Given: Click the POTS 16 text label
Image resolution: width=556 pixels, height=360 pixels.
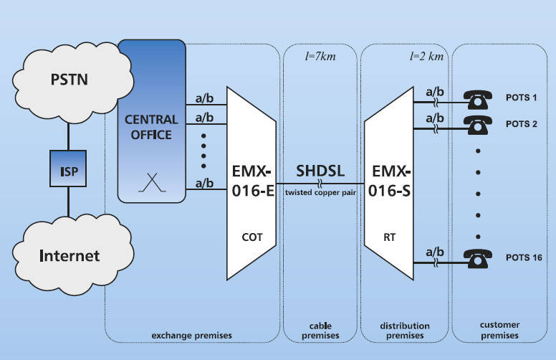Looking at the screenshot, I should [519, 257].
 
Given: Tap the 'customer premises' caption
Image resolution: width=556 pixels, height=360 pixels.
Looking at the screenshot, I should [499, 331].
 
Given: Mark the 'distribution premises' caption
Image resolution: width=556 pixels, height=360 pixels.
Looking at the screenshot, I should [404, 331].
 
